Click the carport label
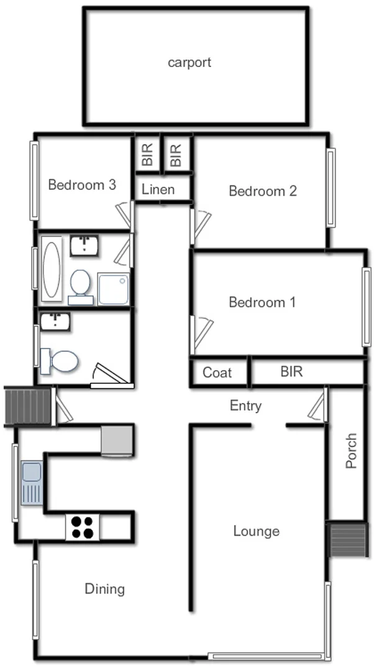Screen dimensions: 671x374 (189, 62)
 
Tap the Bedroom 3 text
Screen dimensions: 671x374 (82, 185)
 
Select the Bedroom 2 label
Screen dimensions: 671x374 (262, 191)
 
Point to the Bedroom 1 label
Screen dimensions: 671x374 (262, 303)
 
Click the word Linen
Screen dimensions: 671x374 (158, 189)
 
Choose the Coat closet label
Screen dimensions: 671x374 (217, 373)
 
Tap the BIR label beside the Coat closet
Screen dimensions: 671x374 (291, 372)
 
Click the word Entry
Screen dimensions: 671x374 (245, 406)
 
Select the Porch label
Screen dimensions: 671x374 (351, 450)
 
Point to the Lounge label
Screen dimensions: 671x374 (256, 531)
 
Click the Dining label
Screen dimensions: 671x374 (104, 589)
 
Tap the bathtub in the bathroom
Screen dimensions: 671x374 (52, 269)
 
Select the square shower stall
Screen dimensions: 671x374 (113, 289)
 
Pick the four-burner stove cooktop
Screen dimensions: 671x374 (83, 527)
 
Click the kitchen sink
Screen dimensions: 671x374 (30, 482)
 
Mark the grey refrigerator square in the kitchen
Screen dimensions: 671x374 (116, 440)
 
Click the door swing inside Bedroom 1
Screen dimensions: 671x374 (201, 329)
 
